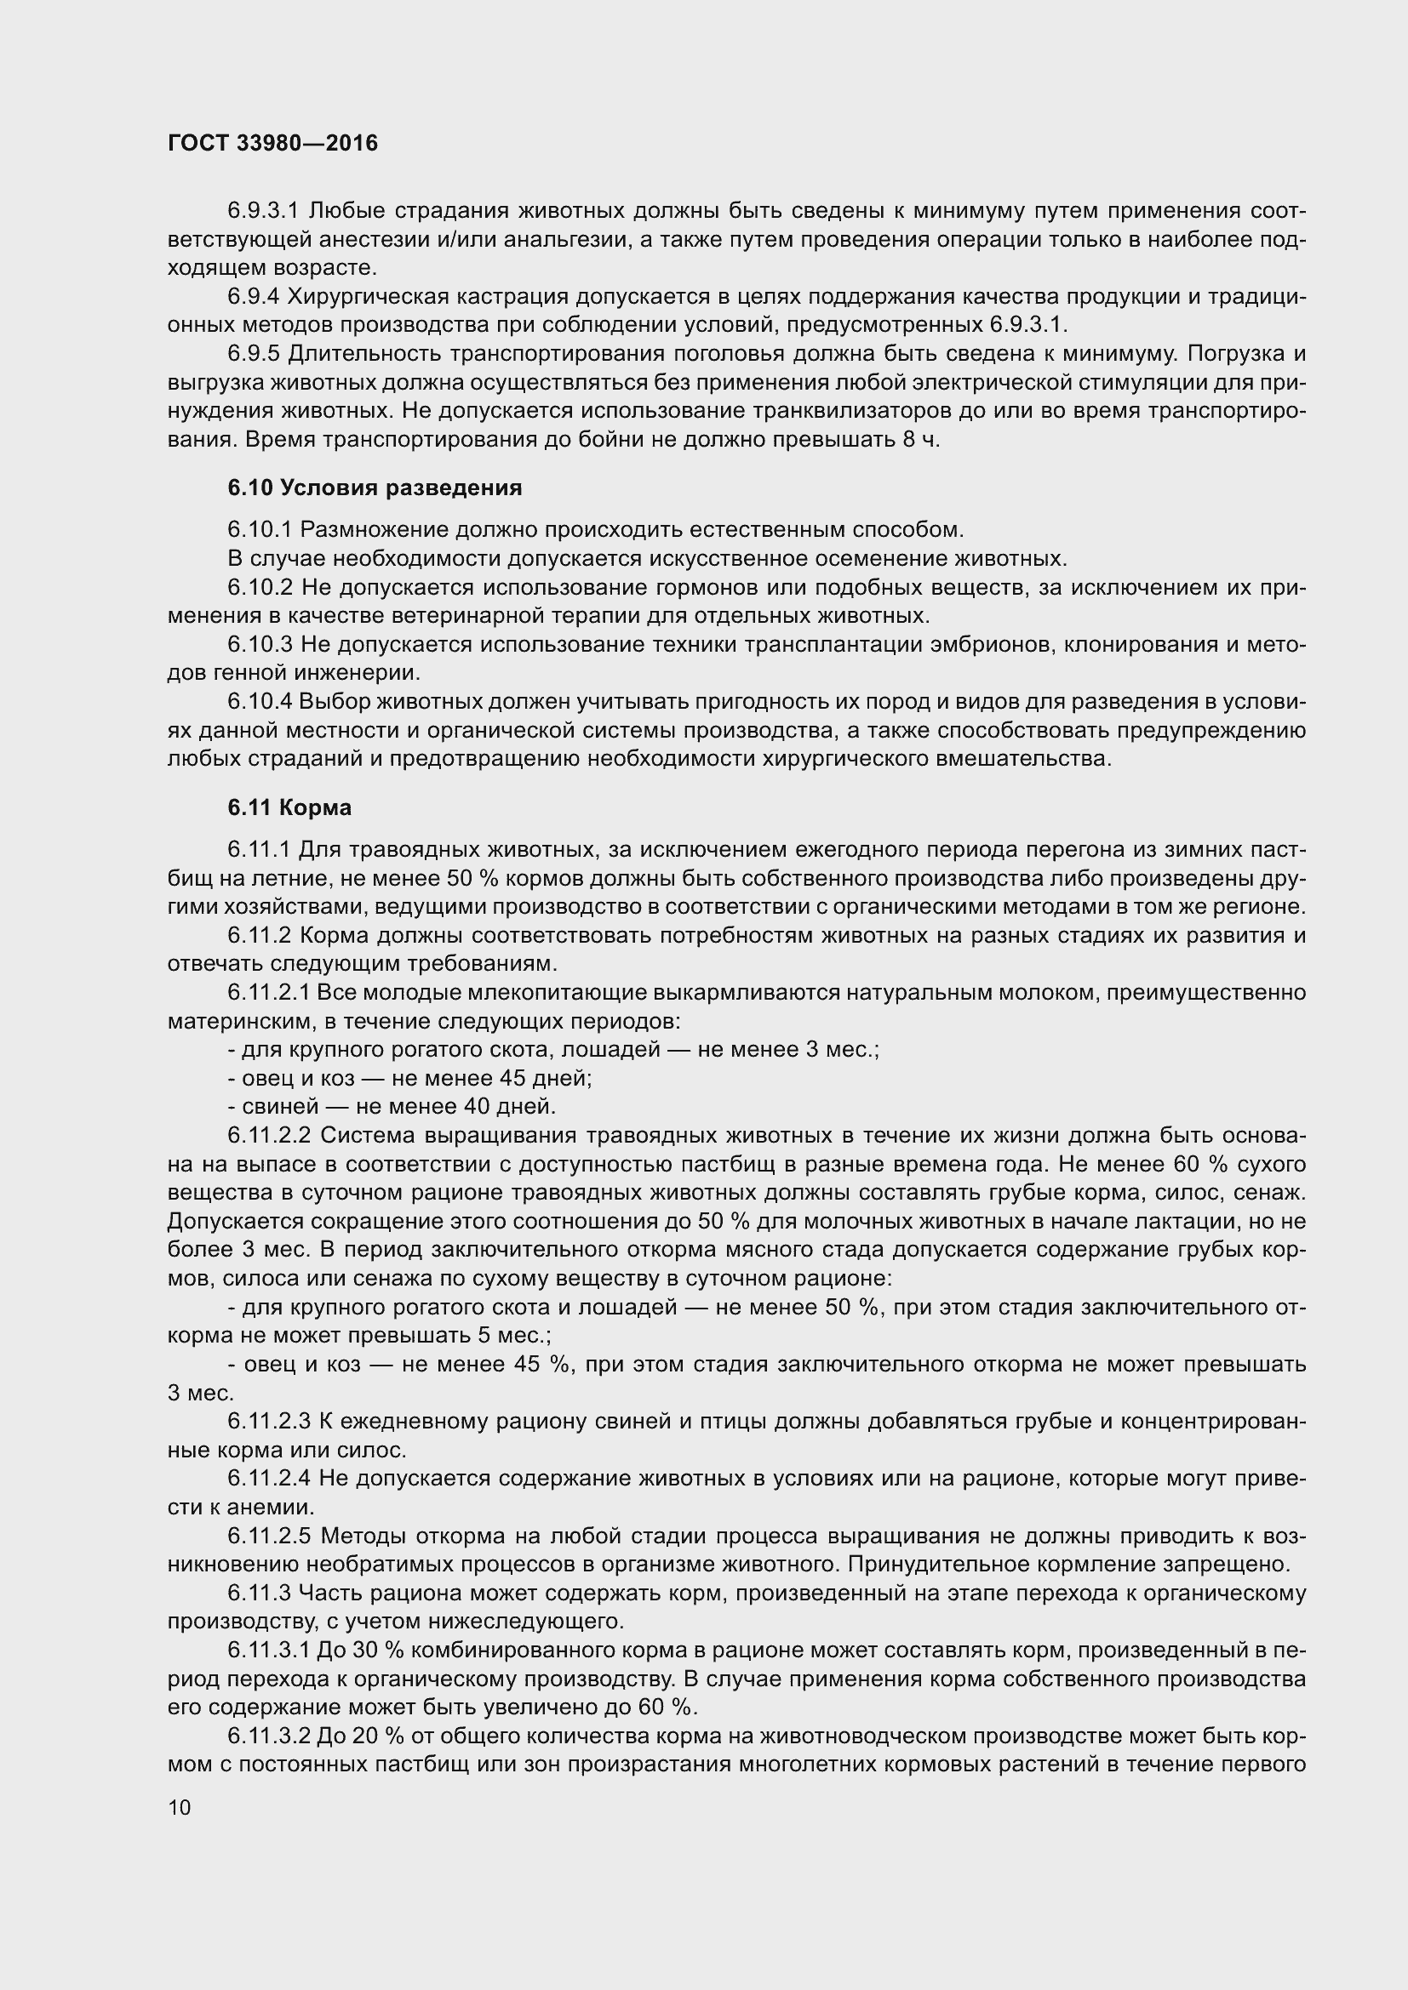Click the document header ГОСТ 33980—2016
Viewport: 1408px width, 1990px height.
273,143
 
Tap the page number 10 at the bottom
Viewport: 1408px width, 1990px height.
180,1807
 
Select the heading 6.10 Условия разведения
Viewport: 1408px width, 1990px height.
375,488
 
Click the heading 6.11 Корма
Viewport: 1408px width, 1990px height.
289,807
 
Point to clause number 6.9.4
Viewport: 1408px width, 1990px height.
253,296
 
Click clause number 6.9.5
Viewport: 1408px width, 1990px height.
253,354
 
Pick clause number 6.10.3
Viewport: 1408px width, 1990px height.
260,644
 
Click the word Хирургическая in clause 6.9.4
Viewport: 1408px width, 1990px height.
371,296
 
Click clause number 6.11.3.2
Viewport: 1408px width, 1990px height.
269,1736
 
